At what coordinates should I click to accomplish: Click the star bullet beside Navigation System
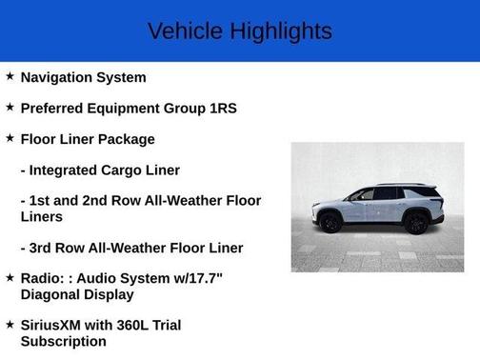click(10, 76)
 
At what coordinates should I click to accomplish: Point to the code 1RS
click(222, 108)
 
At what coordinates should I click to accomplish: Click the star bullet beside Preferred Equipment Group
click(10, 107)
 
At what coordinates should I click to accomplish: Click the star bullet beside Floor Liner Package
click(10, 138)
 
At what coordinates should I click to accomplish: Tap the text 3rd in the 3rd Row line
click(45, 248)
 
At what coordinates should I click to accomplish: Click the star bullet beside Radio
click(10, 277)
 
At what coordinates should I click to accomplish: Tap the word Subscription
click(63, 341)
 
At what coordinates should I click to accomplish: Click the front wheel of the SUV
click(331, 222)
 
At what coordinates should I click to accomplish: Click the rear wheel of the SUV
click(415, 222)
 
